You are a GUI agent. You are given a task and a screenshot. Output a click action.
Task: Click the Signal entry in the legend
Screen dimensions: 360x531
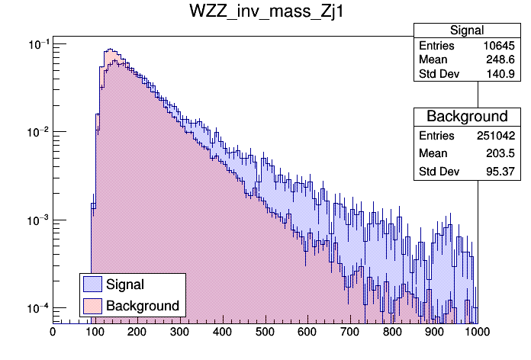125,284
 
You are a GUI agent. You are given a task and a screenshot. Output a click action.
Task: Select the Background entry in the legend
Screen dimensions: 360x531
143,306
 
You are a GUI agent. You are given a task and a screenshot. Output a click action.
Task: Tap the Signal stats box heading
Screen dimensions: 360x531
467,31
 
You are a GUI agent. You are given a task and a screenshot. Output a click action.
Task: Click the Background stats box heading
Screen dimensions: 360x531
467,117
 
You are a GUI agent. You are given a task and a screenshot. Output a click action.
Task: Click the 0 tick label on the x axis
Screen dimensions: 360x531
53,333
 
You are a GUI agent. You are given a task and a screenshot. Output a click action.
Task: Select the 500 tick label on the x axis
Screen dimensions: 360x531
265,333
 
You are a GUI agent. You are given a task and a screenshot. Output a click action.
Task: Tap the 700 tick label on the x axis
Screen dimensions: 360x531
349,333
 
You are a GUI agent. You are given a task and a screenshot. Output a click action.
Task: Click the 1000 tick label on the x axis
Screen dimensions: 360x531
477,333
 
